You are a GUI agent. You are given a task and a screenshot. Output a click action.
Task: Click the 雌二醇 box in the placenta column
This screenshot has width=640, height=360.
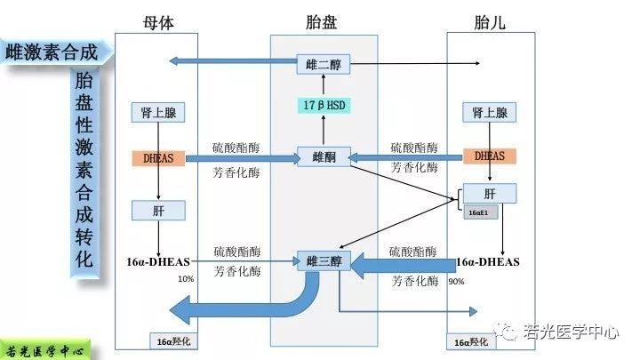(324, 64)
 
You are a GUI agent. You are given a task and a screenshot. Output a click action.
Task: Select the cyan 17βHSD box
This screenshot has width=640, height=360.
(324, 106)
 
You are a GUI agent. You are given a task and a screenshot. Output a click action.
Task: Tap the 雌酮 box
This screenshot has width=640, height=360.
(324, 157)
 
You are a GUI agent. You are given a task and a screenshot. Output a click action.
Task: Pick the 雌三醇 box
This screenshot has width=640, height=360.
(324, 261)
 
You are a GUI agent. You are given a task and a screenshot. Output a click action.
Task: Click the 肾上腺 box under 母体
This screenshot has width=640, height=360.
(158, 113)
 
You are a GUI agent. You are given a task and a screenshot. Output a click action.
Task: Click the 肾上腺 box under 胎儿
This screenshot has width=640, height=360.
(489, 113)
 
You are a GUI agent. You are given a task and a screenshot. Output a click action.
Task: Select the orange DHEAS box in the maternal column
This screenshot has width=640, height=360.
(158, 158)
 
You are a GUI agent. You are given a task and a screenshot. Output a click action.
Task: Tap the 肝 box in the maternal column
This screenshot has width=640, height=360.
(158, 210)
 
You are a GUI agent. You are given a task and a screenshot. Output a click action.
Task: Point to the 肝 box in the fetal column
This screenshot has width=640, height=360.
(489, 194)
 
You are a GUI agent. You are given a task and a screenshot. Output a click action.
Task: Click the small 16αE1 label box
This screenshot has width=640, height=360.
(477, 212)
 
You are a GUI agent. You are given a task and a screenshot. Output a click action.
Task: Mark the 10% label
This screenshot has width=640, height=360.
(186, 279)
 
